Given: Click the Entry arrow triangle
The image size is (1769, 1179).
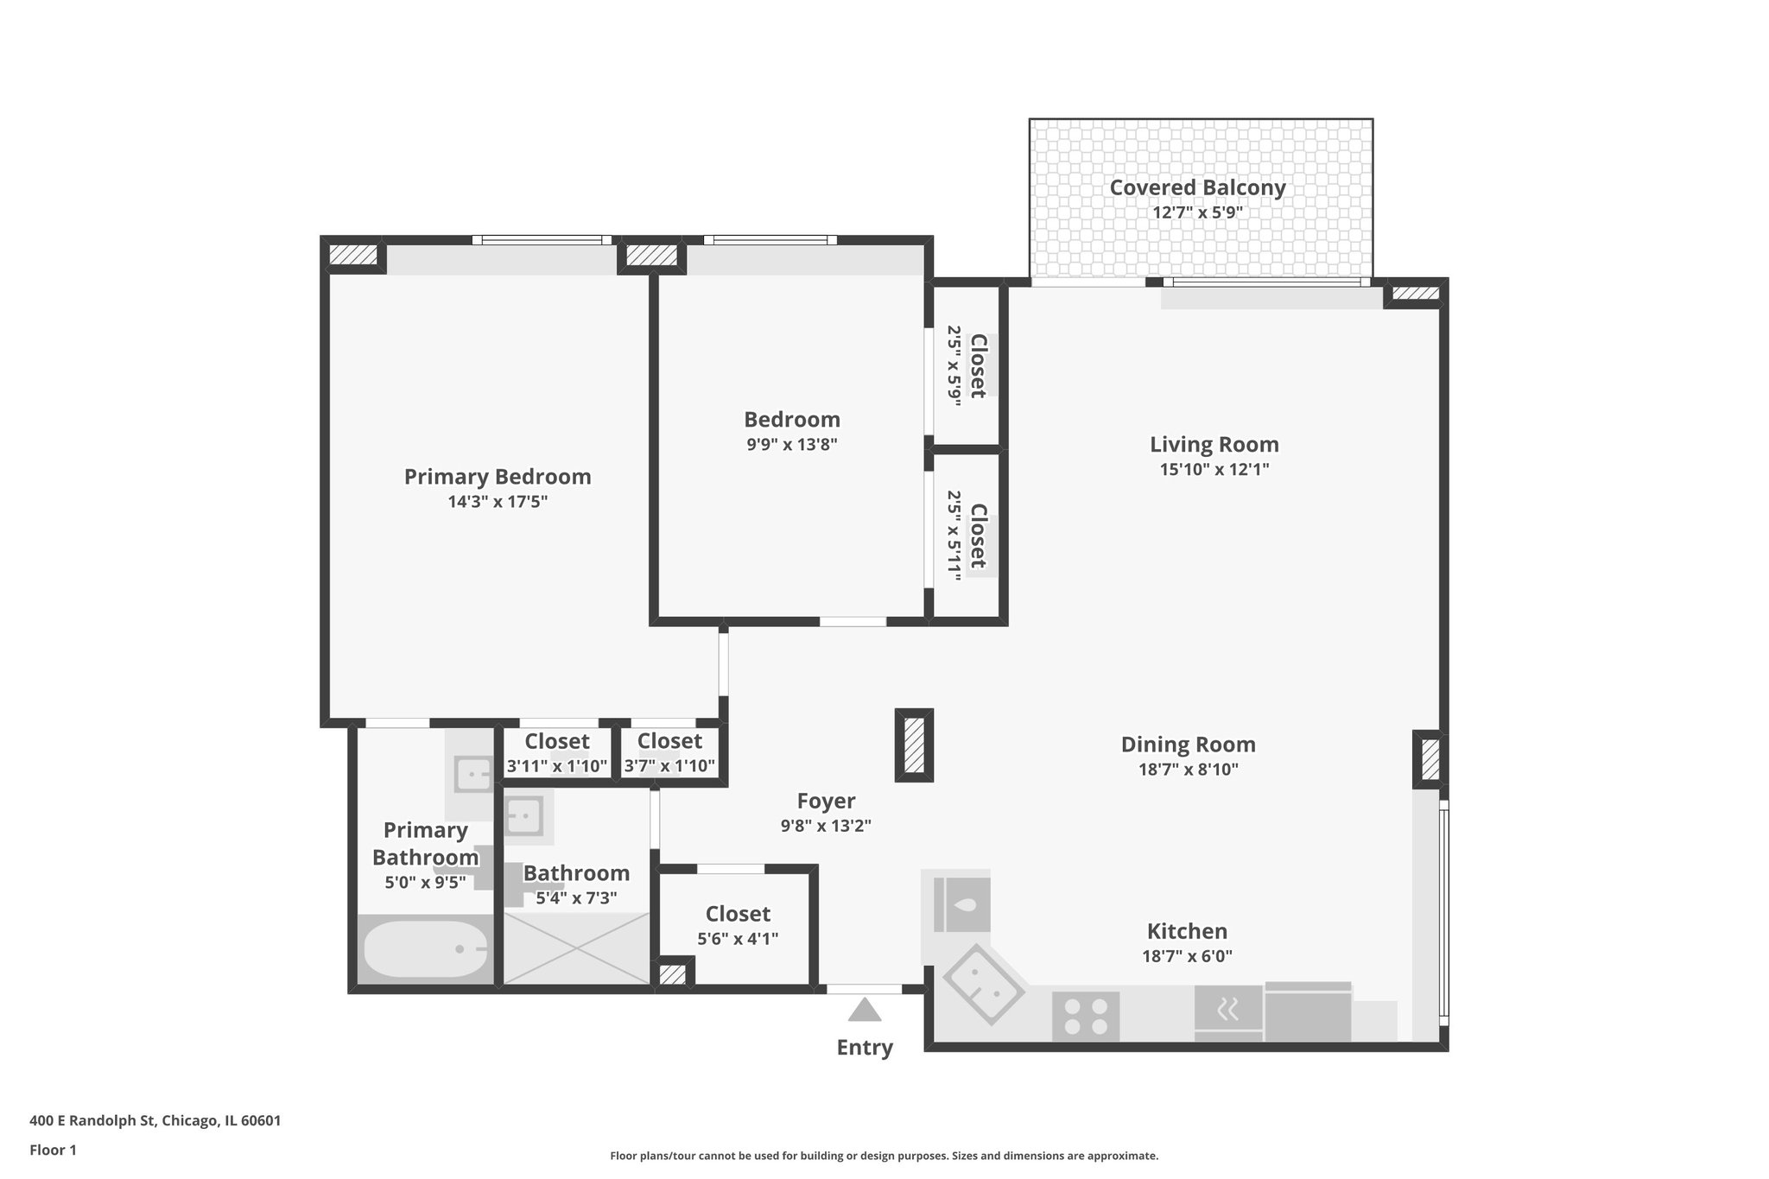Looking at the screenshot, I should pyautogui.click(x=864, y=1010).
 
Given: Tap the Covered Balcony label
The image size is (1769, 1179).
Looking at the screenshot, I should pyautogui.click(x=1197, y=187).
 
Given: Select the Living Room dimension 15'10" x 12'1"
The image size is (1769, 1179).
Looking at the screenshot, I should pyautogui.click(x=1214, y=470).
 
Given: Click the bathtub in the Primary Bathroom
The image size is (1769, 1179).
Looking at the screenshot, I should pyautogui.click(x=424, y=948).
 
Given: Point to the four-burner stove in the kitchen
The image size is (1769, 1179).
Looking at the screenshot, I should pyautogui.click(x=1086, y=1016).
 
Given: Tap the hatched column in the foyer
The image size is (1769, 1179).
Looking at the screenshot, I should pyautogui.click(x=914, y=745).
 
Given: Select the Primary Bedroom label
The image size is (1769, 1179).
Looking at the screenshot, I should pyautogui.click(x=498, y=477).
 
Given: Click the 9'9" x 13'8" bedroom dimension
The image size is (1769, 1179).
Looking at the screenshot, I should pyautogui.click(x=792, y=445).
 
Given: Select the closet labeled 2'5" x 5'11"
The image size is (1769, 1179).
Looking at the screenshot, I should pyautogui.click(x=967, y=536).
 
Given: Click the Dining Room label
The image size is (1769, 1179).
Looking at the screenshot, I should pyautogui.click(x=1188, y=745).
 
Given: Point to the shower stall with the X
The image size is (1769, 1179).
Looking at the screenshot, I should pyautogui.click(x=576, y=948).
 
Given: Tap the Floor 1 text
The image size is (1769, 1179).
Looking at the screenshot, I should pyautogui.click(x=53, y=1150).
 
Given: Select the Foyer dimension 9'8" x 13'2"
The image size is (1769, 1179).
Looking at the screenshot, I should pyautogui.click(x=825, y=826).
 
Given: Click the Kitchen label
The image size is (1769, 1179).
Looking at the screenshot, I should pyautogui.click(x=1187, y=931).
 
